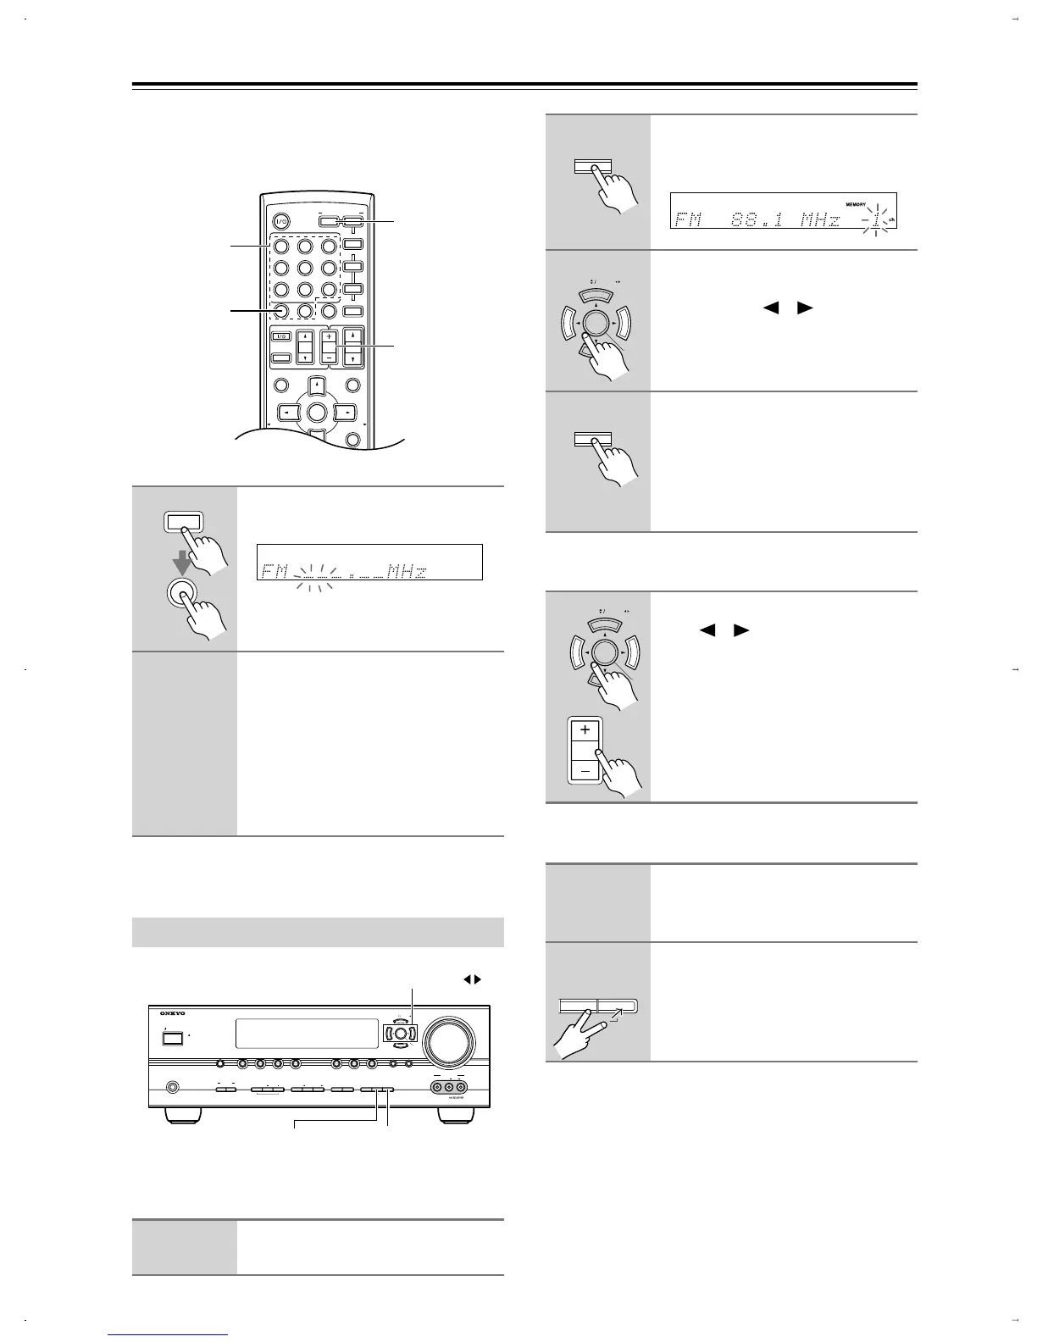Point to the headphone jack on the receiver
pos(173,1086)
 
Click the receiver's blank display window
pos(306,1033)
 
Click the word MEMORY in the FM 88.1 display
pos(860,204)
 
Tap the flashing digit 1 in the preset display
pos(876,220)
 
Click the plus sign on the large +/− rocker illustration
pos(585,729)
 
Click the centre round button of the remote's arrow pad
pos(316,413)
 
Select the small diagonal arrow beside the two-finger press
pos(616,1018)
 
